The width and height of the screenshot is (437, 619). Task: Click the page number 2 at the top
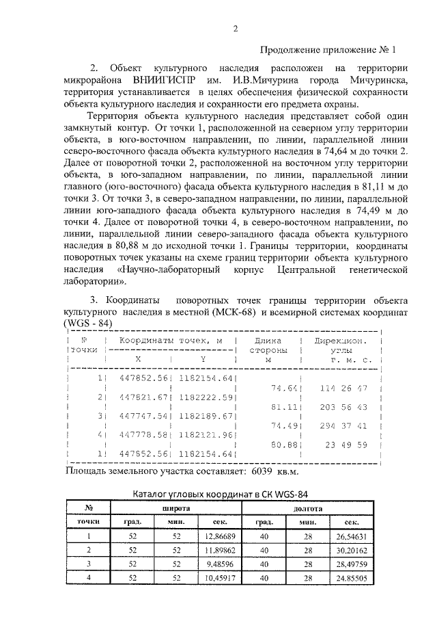[235, 28]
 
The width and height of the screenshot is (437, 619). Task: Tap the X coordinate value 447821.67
[143, 397]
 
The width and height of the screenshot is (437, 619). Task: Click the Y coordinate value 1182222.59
[206, 397]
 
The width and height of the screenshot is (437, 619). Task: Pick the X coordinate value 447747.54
[143, 415]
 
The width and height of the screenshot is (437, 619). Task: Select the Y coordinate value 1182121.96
[206, 434]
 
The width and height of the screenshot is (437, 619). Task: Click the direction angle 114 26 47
[343, 387]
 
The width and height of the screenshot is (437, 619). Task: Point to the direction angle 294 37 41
[343, 425]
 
